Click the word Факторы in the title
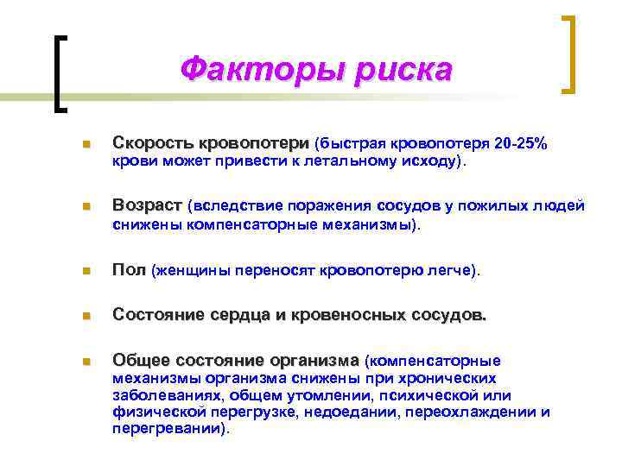click(x=246, y=70)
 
